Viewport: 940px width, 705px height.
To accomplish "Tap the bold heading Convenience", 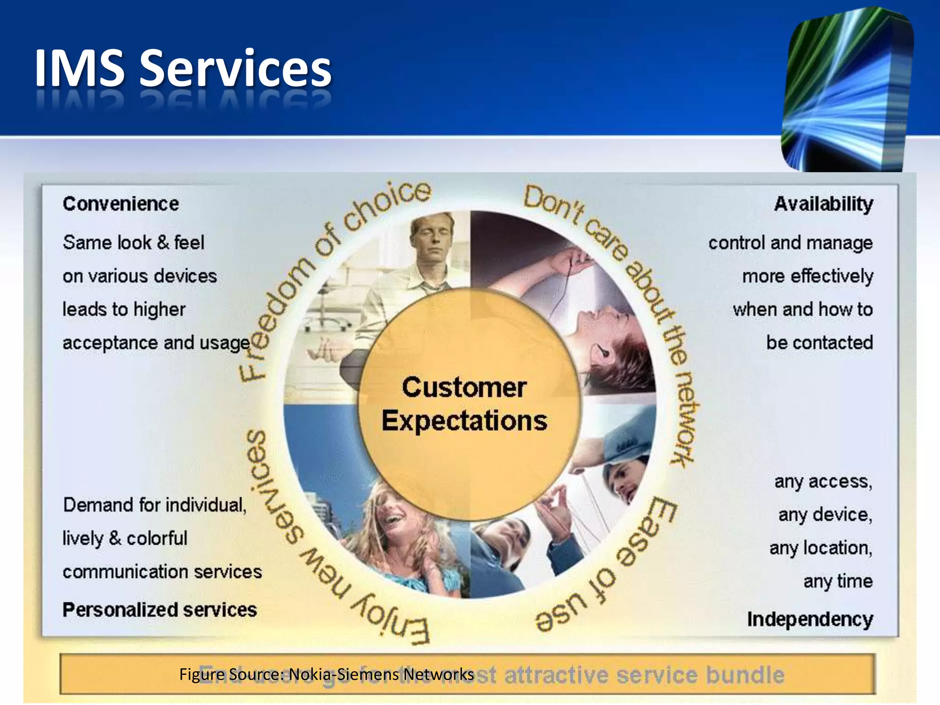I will (121, 204).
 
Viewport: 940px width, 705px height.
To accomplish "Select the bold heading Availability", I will (823, 204).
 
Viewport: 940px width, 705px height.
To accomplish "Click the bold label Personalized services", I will (159, 610).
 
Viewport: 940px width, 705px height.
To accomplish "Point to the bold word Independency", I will (810, 619).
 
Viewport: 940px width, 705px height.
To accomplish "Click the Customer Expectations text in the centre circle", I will (464, 404).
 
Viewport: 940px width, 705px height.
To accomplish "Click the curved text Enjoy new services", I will (312, 551).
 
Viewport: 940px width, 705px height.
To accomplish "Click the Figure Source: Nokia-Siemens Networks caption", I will (326, 674).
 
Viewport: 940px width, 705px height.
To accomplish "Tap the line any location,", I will (821, 548).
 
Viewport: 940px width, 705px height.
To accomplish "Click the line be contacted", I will (819, 343).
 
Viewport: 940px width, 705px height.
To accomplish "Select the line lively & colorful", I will (125, 538).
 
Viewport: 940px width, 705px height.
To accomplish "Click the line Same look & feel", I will (134, 242).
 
